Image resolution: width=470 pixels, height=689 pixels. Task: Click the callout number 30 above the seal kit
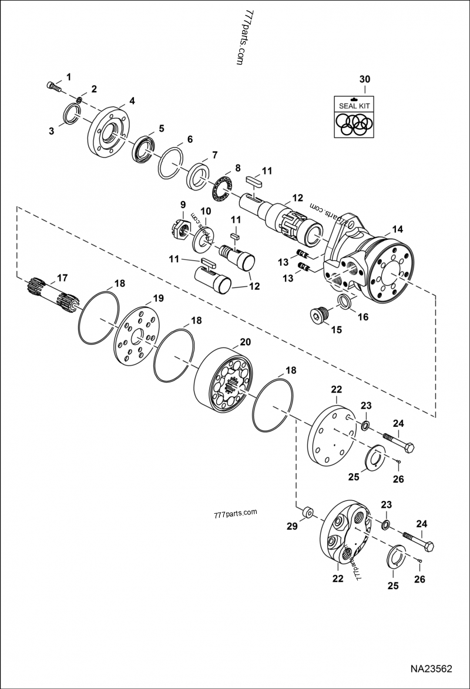(x=365, y=79)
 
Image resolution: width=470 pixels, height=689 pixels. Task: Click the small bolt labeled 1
(x=53, y=86)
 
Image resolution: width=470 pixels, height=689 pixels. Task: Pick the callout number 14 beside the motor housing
(x=398, y=229)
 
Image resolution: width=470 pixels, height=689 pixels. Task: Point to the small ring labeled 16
(x=345, y=302)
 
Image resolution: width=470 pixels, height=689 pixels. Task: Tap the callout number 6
(x=189, y=139)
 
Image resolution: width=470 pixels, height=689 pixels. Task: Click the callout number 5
(x=160, y=128)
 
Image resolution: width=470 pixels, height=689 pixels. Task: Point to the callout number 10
(x=206, y=211)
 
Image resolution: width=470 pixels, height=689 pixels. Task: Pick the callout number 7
(x=214, y=155)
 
